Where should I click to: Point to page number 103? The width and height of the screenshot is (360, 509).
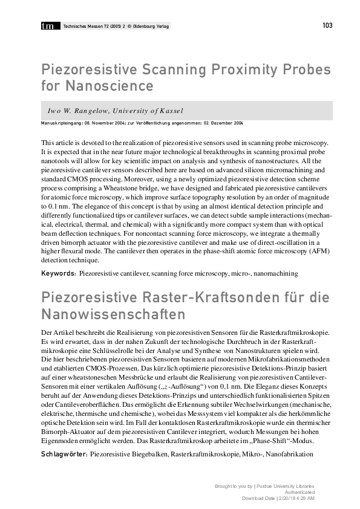click(327, 25)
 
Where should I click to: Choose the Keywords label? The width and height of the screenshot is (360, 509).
click(58, 273)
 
